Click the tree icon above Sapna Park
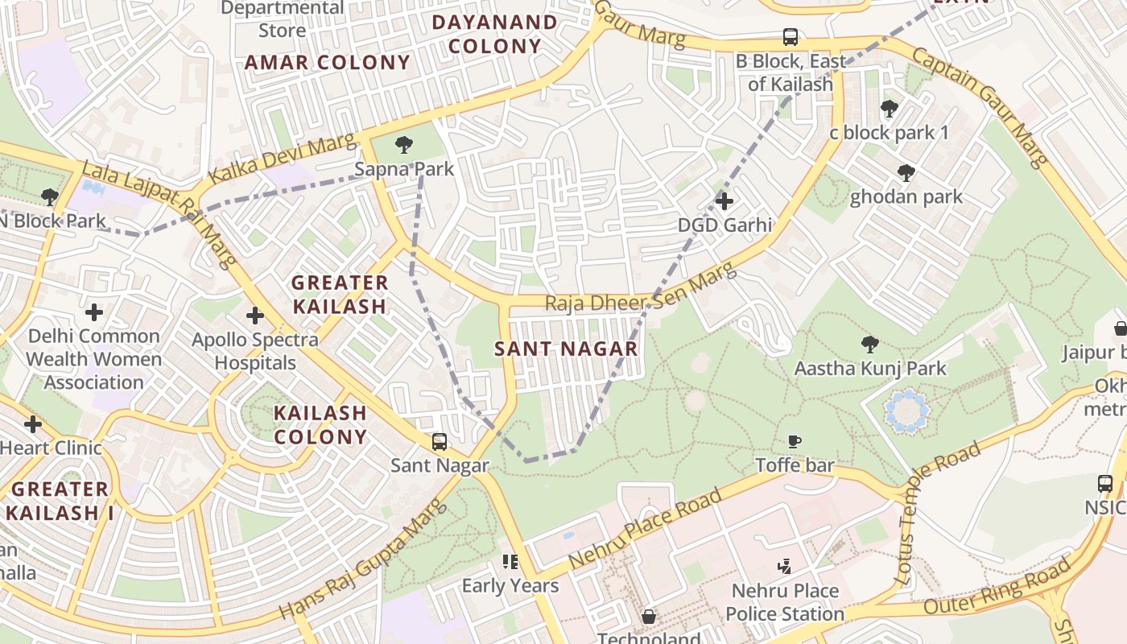[404, 145]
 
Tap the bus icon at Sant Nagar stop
[440, 441]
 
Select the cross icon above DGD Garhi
[724, 200]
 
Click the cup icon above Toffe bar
[795, 441]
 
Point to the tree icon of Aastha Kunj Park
[869, 345]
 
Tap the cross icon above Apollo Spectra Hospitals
[255, 316]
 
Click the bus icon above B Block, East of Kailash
[791, 37]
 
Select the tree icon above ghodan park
[906, 172]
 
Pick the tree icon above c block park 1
[890, 108]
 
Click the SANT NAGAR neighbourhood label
[566, 349]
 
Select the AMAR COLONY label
[328, 62]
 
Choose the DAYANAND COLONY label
[494, 34]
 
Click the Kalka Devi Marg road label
[282, 159]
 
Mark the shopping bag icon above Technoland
[649, 617]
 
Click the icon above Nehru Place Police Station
[784, 567]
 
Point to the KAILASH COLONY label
[320, 424]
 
